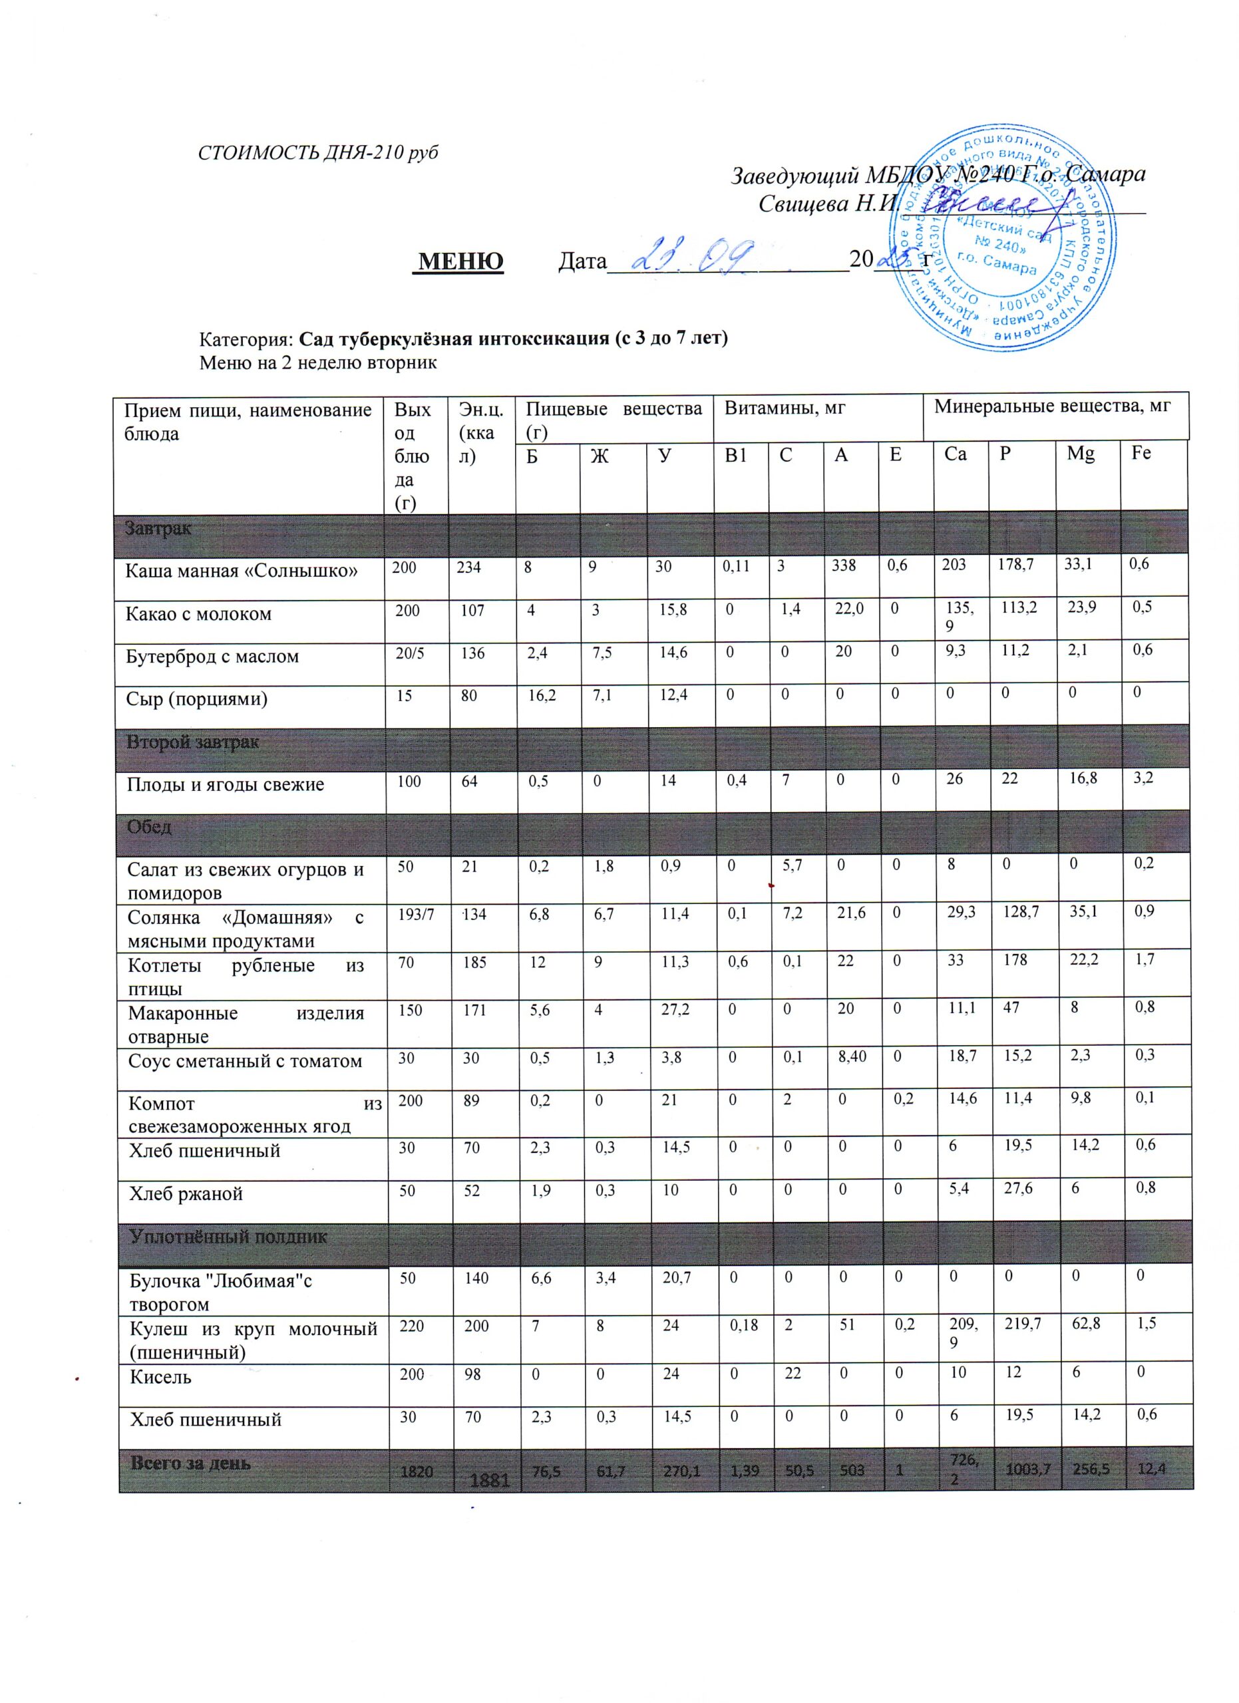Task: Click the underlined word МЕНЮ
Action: click(x=460, y=261)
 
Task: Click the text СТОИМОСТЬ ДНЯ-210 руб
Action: click(x=317, y=152)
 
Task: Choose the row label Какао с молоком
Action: click(x=198, y=613)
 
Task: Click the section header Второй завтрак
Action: click(x=193, y=742)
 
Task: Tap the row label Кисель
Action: click(x=160, y=1377)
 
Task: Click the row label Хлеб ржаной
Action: click(x=186, y=1194)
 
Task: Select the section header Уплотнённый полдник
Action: click(x=229, y=1237)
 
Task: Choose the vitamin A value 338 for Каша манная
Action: click(x=844, y=565)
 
